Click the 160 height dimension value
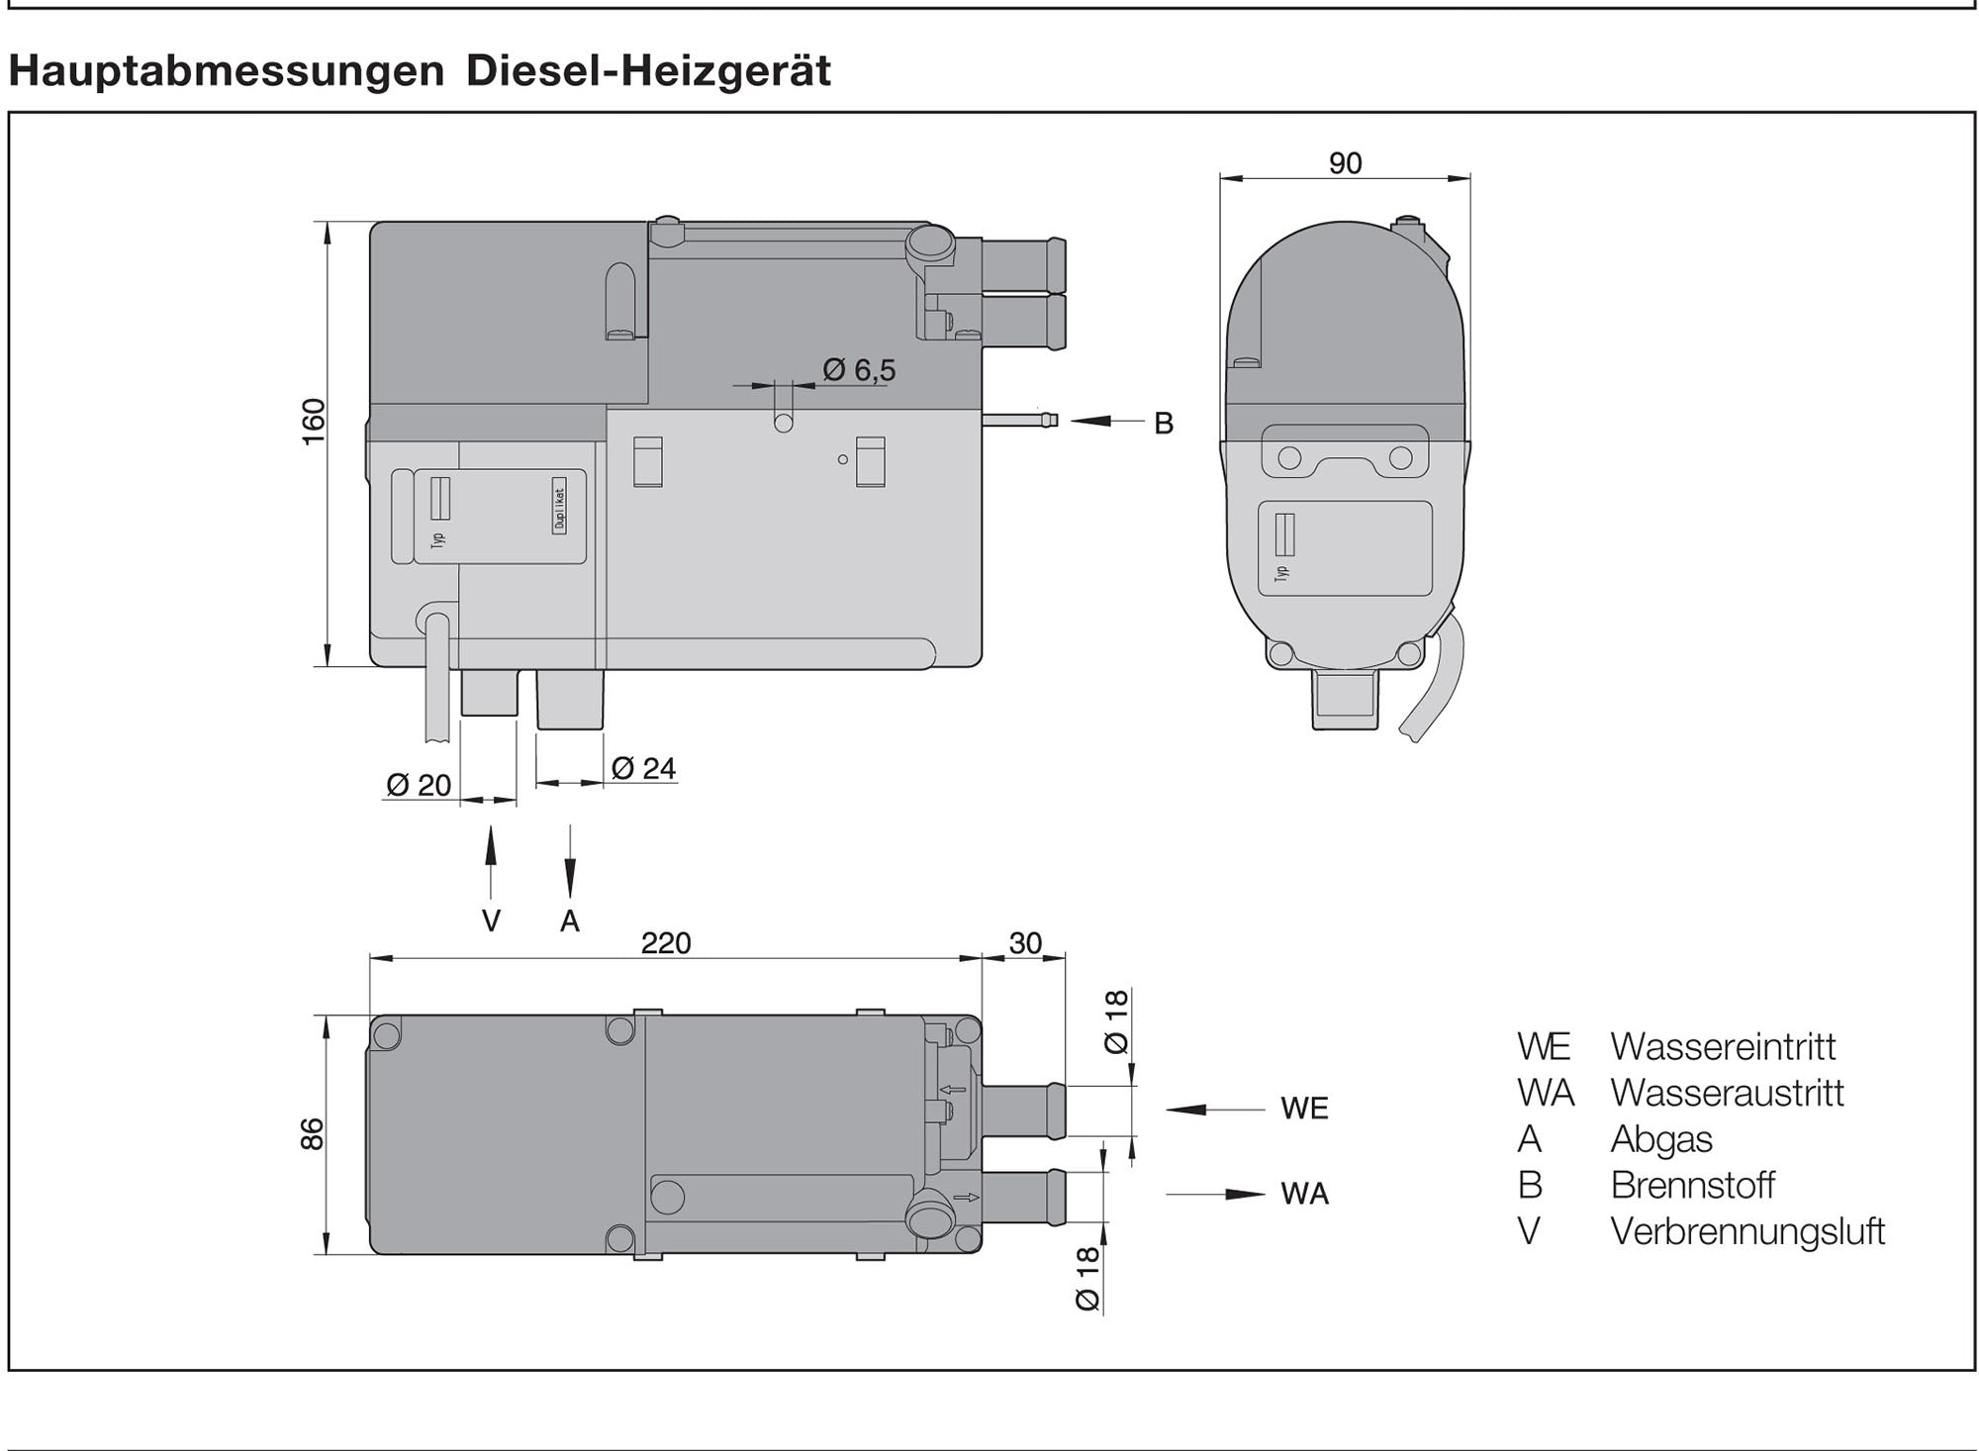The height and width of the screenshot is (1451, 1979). click(x=313, y=422)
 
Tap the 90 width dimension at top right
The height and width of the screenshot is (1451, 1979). click(x=1345, y=163)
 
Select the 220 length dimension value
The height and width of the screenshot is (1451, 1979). click(x=665, y=943)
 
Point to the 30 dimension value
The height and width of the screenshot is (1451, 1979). click(x=1025, y=943)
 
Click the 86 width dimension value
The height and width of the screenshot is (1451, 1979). click(x=312, y=1134)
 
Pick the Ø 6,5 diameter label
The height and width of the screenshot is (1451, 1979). click(x=859, y=370)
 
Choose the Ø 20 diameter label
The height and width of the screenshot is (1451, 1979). click(x=419, y=785)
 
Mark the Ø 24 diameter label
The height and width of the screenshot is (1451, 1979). click(x=643, y=768)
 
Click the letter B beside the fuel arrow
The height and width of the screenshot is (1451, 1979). click(x=1164, y=424)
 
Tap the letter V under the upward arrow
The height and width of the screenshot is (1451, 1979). click(x=491, y=921)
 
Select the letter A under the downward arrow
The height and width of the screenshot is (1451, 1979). click(x=569, y=921)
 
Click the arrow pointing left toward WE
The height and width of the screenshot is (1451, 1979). click(x=1214, y=1110)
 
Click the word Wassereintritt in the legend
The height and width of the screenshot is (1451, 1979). click(x=1723, y=1046)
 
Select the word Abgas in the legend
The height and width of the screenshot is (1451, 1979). click(x=1660, y=1139)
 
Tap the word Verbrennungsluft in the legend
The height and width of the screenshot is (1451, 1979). click(x=1747, y=1231)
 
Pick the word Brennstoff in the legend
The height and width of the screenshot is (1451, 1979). click(x=1692, y=1185)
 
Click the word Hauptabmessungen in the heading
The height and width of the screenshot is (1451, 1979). click(x=227, y=71)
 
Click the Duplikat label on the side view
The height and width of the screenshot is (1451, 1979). click(x=560, y=509)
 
